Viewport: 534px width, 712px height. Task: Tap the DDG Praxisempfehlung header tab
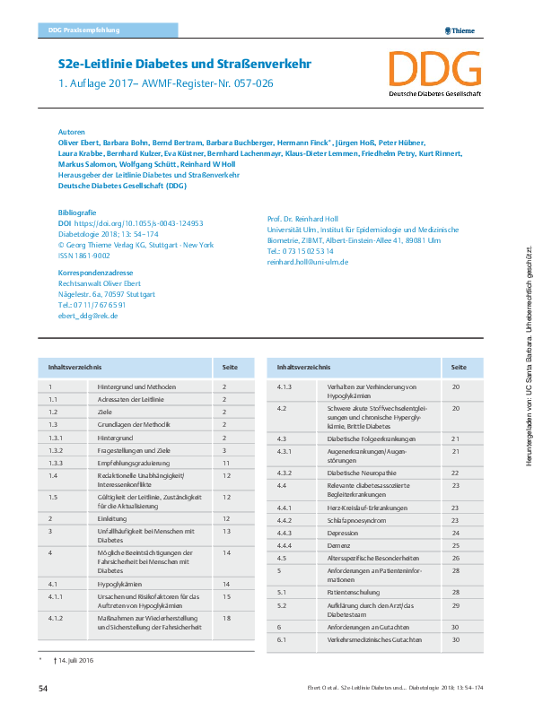coord(83,31)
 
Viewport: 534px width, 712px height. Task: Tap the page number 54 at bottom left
coord(42,688)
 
